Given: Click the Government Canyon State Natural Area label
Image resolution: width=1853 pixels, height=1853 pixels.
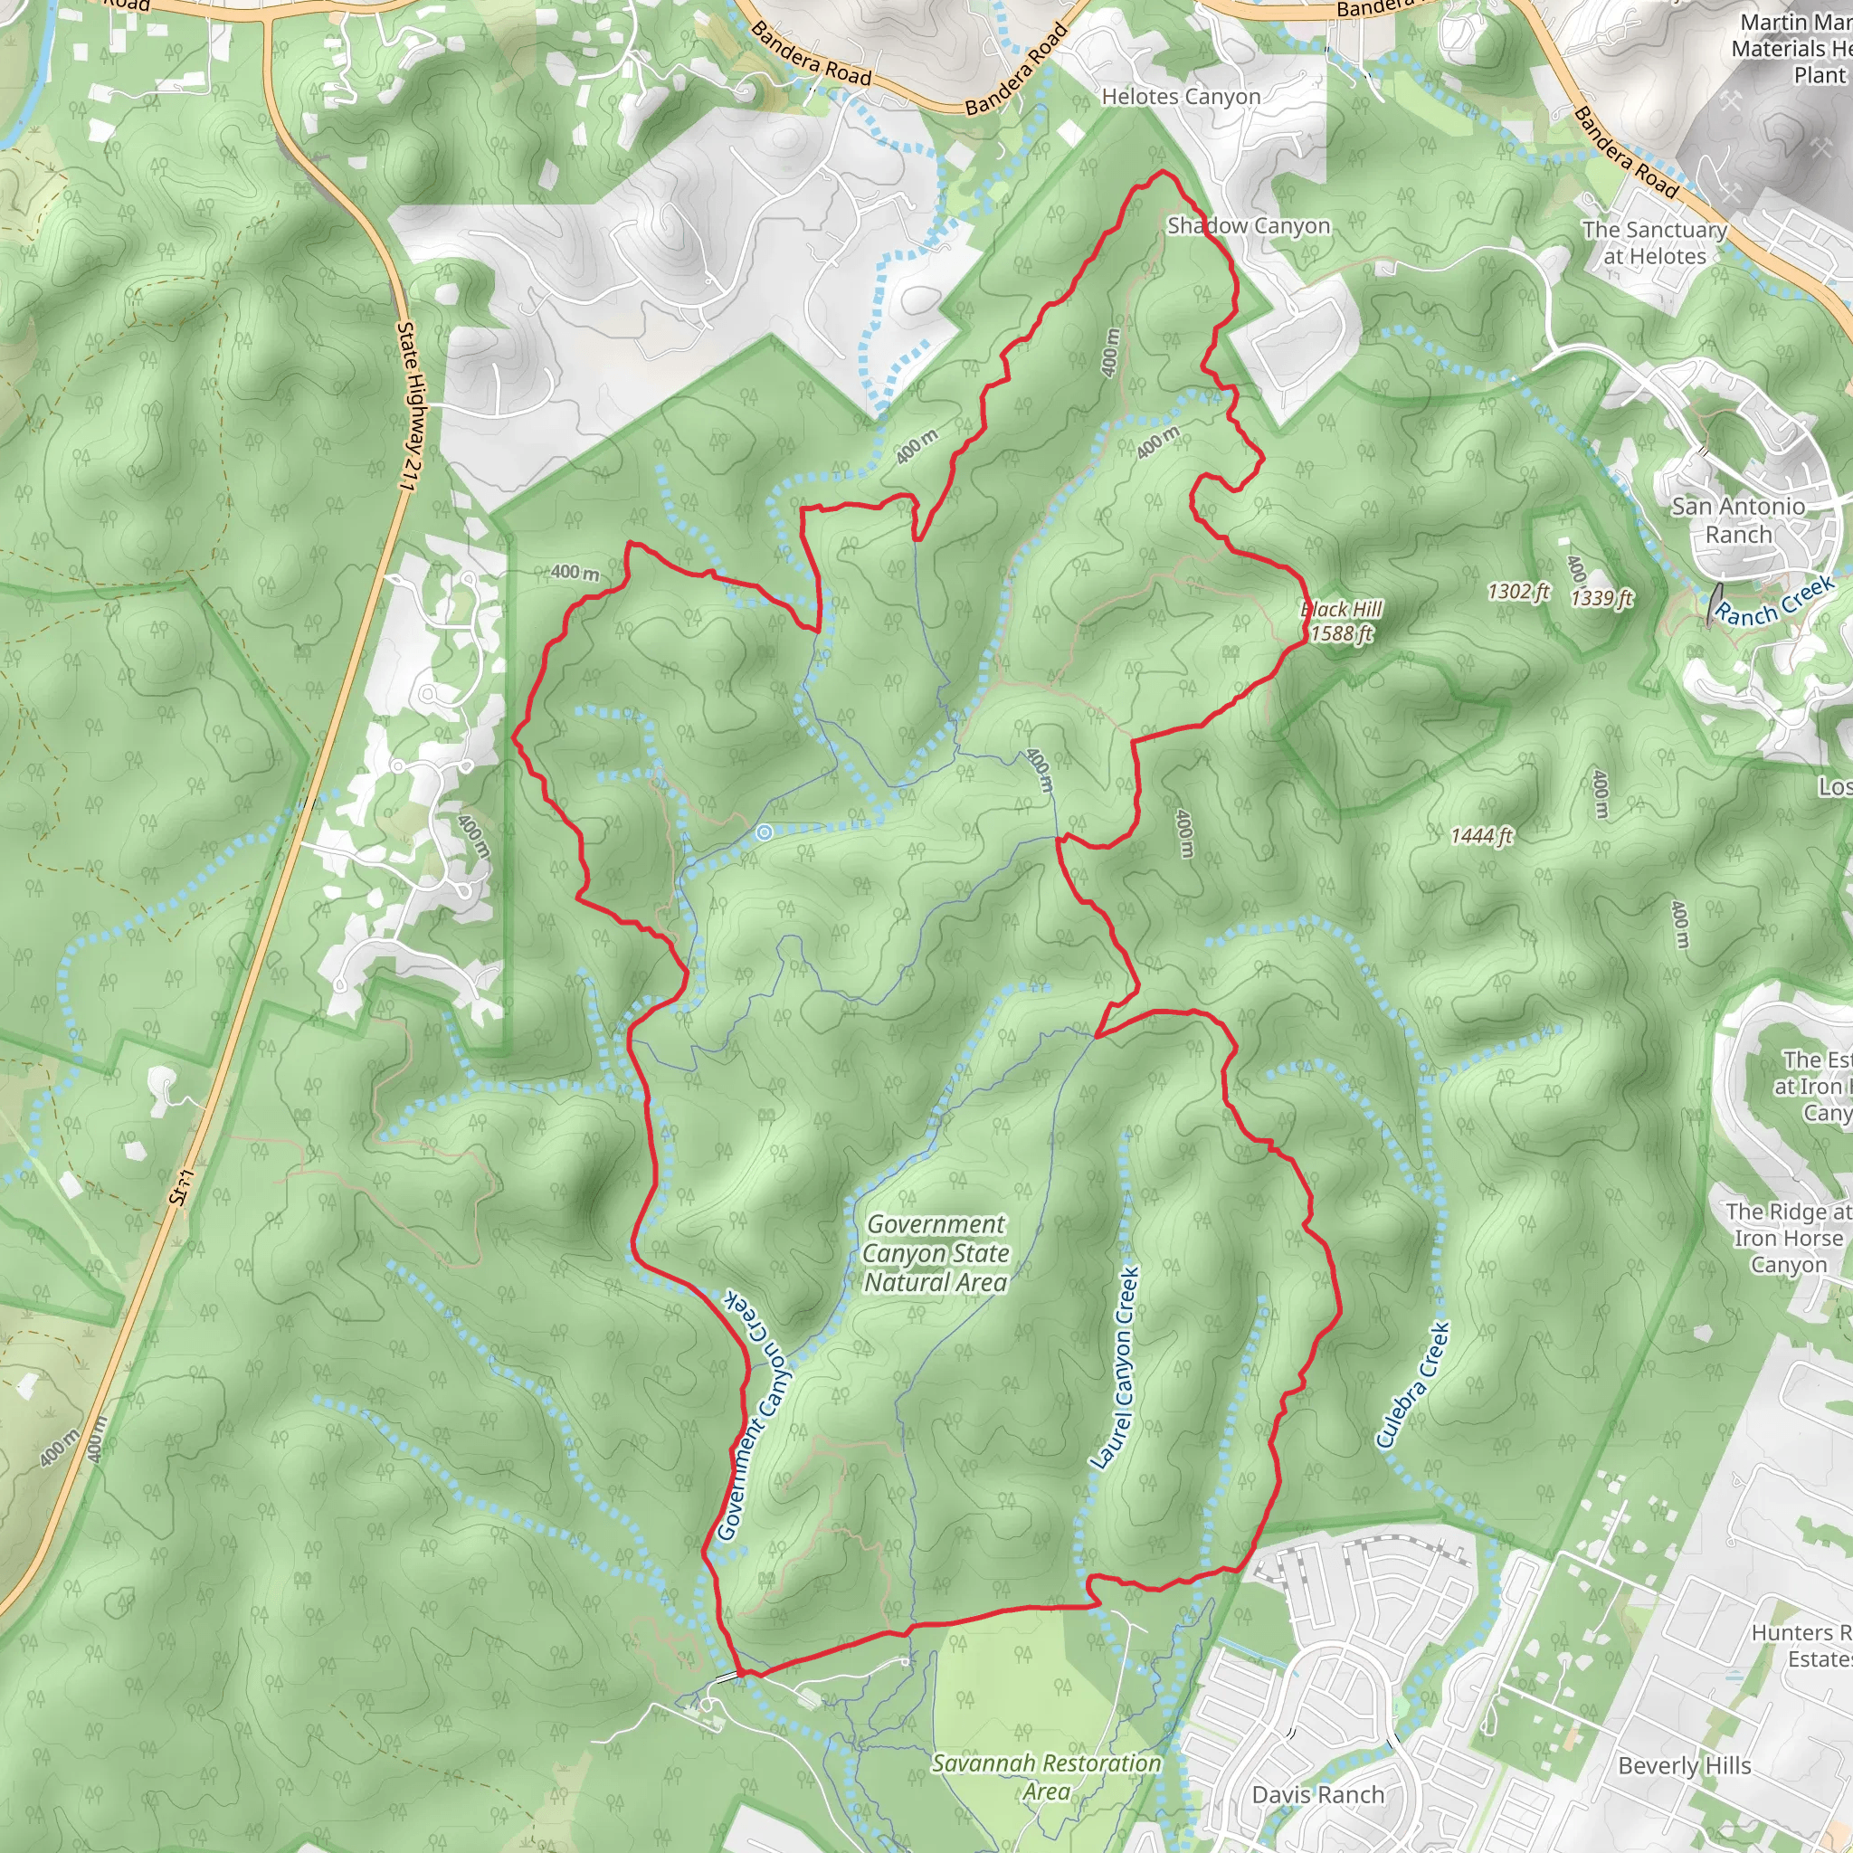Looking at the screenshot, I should point(936,1252).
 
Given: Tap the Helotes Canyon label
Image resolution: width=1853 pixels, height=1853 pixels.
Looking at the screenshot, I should point(1181,97).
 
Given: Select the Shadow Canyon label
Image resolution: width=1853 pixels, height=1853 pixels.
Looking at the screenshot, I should point(1248,226).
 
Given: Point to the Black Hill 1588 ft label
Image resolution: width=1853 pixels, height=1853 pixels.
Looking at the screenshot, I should point(1341,622).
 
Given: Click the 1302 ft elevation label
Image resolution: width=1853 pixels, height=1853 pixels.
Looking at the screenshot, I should point(1518,592).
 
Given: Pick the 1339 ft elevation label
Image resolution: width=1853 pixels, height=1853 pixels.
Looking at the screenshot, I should point(1601,598).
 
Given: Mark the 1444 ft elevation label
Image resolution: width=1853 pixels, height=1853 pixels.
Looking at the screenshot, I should point(1481,836).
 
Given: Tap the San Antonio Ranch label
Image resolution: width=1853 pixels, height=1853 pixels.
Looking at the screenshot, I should point(1738,520).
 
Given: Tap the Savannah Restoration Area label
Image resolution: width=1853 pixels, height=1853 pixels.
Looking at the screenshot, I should point(1047,1777).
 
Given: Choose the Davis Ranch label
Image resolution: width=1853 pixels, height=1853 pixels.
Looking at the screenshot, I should point(1317,1794).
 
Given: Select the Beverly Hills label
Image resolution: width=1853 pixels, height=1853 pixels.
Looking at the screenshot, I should point(1684,1766).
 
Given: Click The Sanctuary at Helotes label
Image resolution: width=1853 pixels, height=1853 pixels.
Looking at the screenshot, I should point(1655,243).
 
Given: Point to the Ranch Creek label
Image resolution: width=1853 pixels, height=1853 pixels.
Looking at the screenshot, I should point(1774,602).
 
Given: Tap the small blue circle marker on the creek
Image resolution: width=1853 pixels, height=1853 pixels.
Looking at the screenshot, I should point(764,833).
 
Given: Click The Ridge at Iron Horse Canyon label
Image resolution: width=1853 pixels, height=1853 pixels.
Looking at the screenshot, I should point(1788,1239).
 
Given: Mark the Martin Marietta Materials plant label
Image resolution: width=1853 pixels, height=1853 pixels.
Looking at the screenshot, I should point(1791,48).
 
